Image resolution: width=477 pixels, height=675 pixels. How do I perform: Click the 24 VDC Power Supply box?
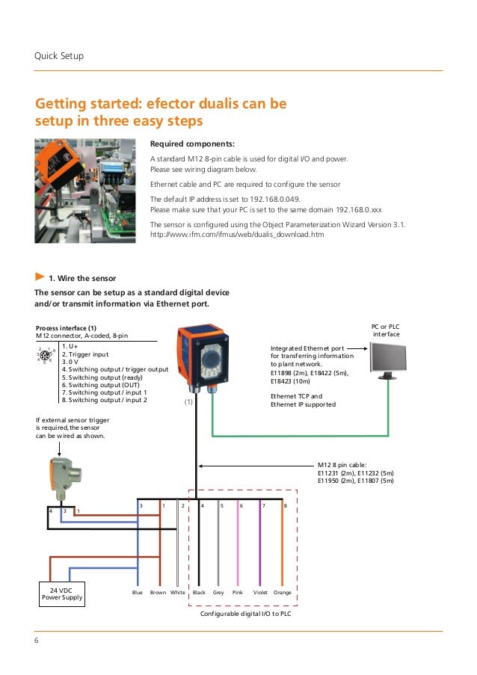tap(61, 594)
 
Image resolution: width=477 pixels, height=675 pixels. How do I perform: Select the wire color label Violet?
tap(260, 592)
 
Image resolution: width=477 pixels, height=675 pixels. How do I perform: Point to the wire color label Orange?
tap(282, 592)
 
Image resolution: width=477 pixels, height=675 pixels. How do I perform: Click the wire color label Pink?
tap(238, 592)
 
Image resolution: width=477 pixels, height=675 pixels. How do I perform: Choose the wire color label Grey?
tap(218, 592)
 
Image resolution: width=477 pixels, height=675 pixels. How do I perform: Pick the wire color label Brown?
tap(158, 592)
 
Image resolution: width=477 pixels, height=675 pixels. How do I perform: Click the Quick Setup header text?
tap(59, 56)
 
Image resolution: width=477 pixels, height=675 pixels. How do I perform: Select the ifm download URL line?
tap(237, 234)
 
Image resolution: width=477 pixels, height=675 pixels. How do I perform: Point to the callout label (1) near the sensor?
tap(188, 401)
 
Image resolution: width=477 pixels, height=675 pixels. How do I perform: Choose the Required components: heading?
tap(192, 144)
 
